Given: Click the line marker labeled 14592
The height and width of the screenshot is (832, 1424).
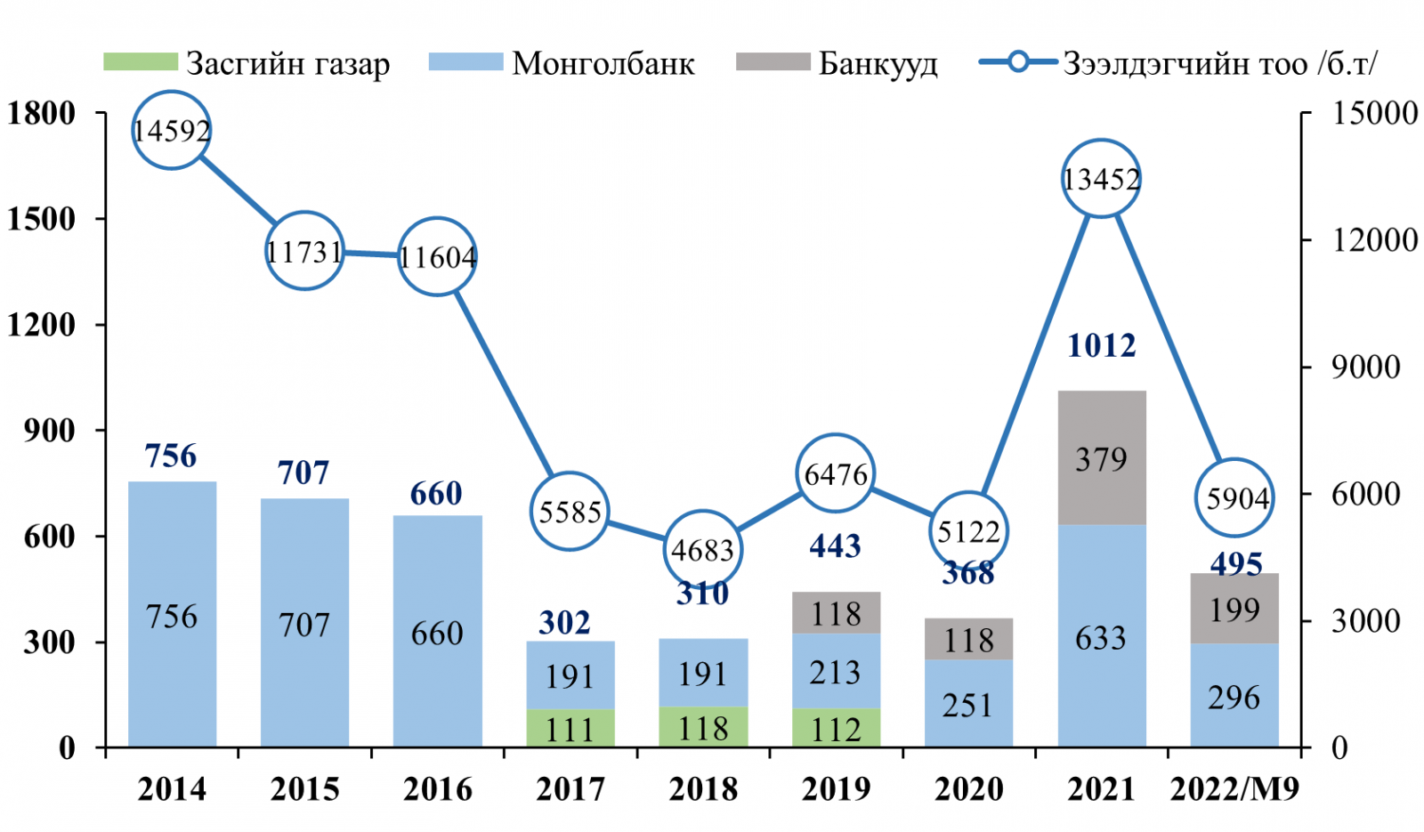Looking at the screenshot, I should click(171, 130).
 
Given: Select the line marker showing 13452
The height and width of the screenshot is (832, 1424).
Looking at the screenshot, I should click(1101, 179).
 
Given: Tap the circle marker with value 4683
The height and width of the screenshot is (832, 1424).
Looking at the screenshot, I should click(702, 549).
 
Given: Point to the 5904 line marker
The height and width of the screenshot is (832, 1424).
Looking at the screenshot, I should click(1234, 497).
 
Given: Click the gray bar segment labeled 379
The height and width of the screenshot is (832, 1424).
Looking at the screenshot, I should click(1101, 458).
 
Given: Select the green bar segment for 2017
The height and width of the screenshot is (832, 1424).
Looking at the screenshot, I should click(570, 728).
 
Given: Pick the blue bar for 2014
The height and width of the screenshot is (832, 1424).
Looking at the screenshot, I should click(172, 614).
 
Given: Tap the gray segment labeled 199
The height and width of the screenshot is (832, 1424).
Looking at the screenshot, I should click(1234, 609).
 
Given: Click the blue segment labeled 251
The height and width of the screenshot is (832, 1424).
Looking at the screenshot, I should click(968, 703).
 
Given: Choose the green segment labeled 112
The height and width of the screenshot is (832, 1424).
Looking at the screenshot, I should click(836, 728).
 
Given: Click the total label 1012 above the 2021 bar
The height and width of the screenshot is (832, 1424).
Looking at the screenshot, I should click(1101, 345).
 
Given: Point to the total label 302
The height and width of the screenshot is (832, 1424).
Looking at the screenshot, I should click(564, 622).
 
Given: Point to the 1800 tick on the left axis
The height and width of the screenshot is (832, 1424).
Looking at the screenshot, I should click(41, 113).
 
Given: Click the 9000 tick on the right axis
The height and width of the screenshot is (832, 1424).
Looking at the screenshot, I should click(1365, 367).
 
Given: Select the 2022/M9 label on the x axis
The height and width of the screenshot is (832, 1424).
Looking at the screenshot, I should click(1234, 788).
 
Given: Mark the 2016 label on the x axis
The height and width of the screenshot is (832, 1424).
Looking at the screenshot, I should click(437, 788).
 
